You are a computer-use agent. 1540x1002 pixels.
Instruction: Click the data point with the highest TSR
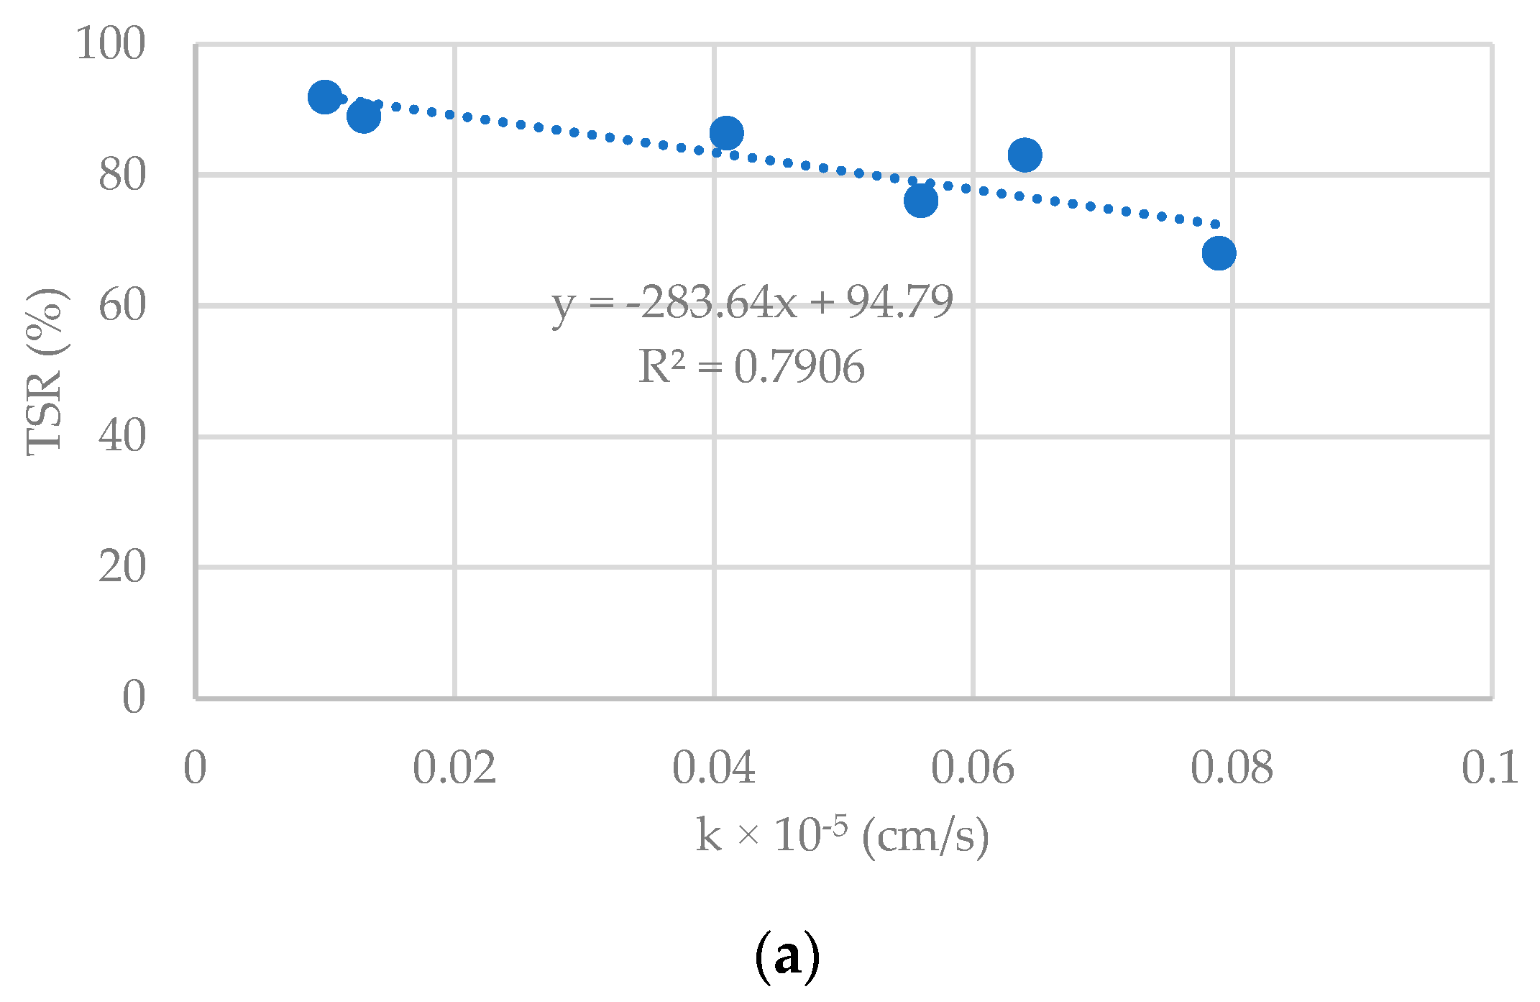(324, 96)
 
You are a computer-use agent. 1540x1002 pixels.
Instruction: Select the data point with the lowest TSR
(1219, 253)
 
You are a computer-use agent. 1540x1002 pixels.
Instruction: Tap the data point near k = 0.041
(726, 133)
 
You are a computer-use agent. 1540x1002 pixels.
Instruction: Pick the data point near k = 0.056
(920, 201)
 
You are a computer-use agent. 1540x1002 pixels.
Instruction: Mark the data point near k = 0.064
(1025, 155)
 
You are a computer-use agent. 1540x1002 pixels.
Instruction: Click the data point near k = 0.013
(364, 116)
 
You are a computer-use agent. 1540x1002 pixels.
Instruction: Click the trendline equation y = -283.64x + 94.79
(752, 302)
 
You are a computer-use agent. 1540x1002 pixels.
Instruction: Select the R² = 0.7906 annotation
(751, 367)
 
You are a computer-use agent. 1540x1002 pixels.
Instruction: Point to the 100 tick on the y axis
(111, 44)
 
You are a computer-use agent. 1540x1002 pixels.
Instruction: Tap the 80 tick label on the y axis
(122, 175)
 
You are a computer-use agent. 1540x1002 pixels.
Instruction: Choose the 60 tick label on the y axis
(122, 306)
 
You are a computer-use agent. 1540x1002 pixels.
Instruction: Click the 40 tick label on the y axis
(122, 436)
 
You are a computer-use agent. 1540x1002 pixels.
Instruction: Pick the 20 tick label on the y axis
(122, 567)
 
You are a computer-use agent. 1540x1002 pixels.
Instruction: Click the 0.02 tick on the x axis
(454, 768)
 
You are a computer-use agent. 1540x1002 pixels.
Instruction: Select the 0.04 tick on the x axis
(714, 768)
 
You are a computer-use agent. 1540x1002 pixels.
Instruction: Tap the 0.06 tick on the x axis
(973, 768)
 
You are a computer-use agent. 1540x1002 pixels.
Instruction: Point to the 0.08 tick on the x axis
(1232, 768)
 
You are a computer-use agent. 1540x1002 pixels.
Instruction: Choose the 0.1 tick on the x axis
(1490, 768)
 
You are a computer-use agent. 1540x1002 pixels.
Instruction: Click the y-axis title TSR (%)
(45, 371)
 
